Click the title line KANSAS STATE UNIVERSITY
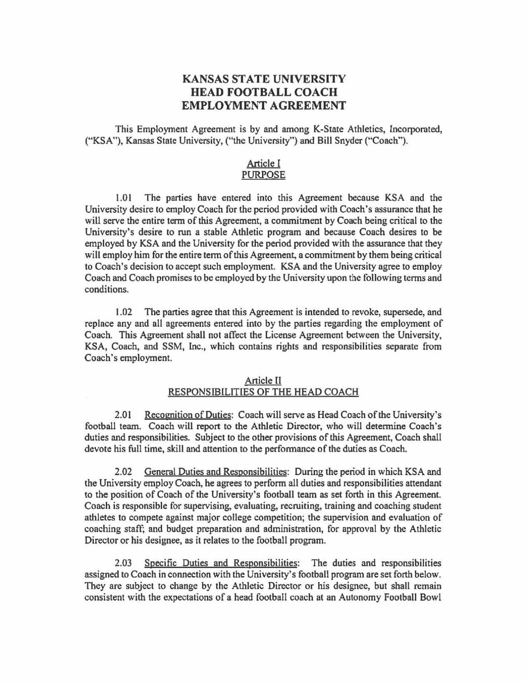[x=263, y=79]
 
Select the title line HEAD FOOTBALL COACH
[x=263, y=92]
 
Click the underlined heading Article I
[x=263, y=163]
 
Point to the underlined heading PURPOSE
[x=263, y=175]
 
